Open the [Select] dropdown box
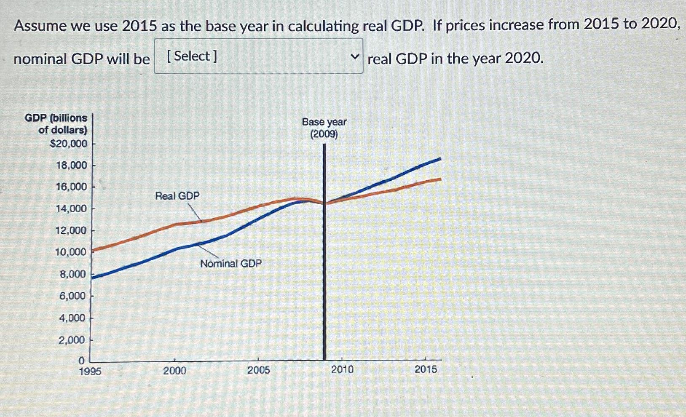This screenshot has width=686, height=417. click(258, 56)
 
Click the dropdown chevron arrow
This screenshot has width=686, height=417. click(355, 56)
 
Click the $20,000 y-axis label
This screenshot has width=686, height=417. click(69, 144)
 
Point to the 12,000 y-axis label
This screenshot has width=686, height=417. click(71, 230)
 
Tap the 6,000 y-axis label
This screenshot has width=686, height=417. click(72, 296)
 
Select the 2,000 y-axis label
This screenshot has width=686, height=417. click(72, 340)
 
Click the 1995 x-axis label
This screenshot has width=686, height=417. click(90, 371)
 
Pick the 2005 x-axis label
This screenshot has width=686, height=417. click(258, 370)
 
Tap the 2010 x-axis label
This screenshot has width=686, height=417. click(342, 369)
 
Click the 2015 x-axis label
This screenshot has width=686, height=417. click(426, 369)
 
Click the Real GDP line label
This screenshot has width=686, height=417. click(177, 196)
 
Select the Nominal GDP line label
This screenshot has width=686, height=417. click(231, 264)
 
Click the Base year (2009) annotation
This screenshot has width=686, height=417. click(324, 128)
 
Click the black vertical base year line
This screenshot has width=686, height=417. click(324, 274)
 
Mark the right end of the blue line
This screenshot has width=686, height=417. click(440, 159)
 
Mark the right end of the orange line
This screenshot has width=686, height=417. click(440, 179)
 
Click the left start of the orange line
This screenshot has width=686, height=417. click(93, 251)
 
